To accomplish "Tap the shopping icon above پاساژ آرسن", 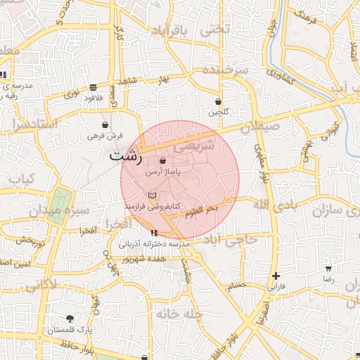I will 163,161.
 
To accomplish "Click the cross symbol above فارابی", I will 276,276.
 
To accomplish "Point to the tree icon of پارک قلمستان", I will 69,319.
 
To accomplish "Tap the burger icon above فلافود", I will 94,87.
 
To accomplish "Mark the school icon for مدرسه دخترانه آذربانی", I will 154,233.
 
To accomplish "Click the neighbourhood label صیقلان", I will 260,127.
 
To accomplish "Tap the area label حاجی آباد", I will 232,240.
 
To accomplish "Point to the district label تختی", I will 215,30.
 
